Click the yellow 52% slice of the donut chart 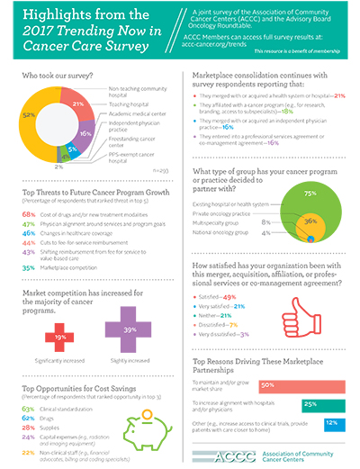click(34, 116)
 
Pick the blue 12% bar click(331, 398)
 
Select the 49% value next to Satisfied click(229, 271)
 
